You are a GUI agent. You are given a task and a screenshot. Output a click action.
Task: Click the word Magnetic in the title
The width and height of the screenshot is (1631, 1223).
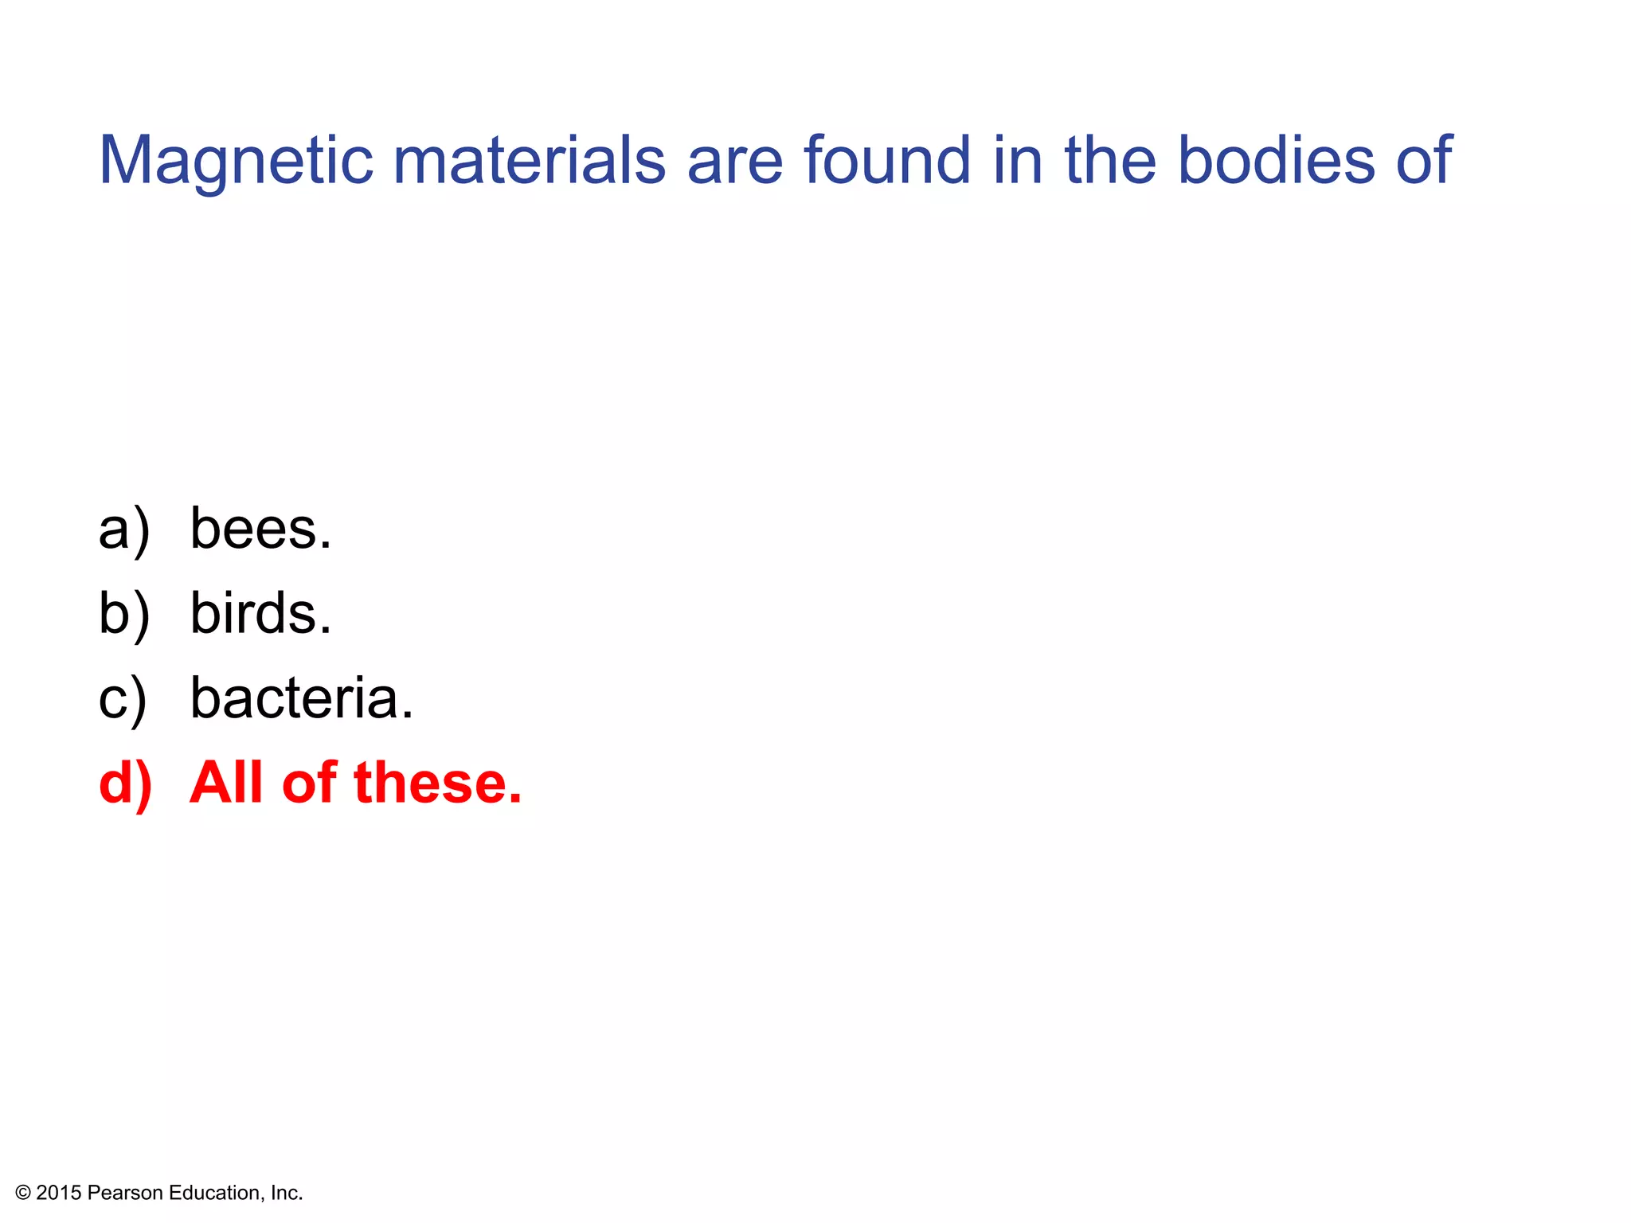(x=236, y=161)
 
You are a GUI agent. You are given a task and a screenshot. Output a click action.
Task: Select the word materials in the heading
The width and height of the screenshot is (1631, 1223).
(x=529, y=161)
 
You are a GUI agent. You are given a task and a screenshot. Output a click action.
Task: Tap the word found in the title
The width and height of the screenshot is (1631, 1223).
(x=887, y=161)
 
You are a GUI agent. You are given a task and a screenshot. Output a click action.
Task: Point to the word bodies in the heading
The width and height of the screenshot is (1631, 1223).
(x=1276, y=161)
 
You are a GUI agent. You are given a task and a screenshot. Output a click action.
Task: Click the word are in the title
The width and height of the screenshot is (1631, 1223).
(x=734, y=161)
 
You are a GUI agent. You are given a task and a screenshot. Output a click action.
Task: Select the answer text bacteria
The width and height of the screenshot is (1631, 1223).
(x=302, y=698)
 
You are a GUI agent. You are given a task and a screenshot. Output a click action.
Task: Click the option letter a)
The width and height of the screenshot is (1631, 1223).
(x=124, y=530)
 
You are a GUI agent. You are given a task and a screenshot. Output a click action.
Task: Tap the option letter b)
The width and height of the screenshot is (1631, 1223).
(x=124, y=615)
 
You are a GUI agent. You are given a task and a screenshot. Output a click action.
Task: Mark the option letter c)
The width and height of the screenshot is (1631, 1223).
(x=123, y=700)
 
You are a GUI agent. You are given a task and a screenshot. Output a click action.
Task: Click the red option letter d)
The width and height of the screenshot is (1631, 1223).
(x=125, y=783)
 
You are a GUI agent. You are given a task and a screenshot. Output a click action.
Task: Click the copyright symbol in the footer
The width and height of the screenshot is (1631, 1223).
(x=23, y=1193)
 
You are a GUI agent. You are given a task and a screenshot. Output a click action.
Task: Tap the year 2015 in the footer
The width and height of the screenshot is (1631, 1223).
(x=59, y=1193)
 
